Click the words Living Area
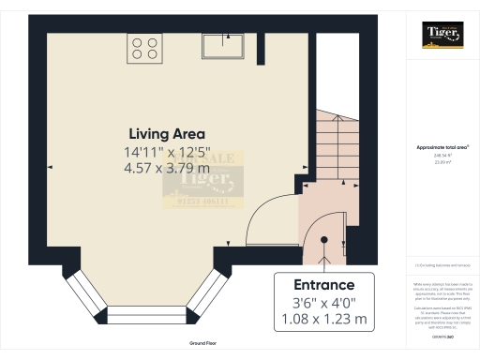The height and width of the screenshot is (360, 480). coord(167,133)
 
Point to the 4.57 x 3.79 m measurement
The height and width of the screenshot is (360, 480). coord(167,168)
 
